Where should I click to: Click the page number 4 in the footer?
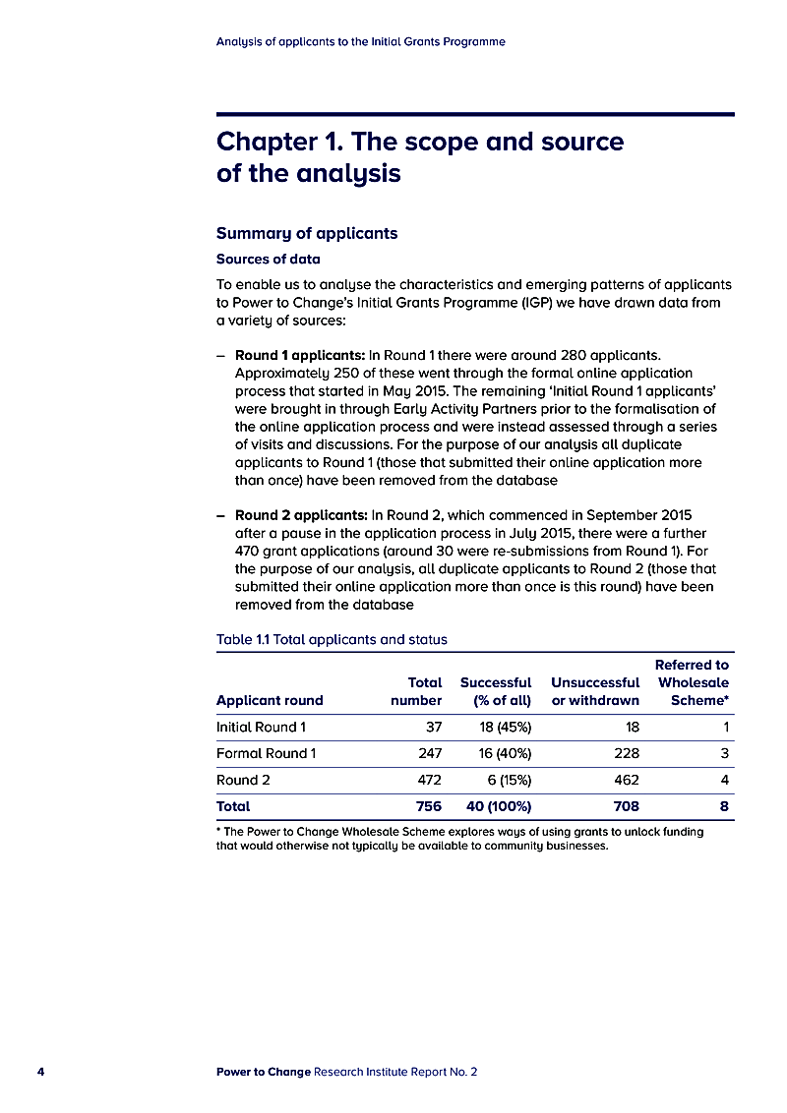click(40, 1072)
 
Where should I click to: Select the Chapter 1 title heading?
click(419, 157)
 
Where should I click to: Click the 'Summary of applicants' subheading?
click(306, 234)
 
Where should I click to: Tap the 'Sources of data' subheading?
click(268, 260)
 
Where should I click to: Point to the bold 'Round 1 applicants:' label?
click(300, 354)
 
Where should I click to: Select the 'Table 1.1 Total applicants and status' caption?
click(332, 640)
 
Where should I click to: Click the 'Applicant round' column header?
click(270, 701)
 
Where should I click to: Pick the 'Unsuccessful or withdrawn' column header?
click(595, 691)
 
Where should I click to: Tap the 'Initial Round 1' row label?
click(261, 728)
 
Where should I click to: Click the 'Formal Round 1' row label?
click(266, 754)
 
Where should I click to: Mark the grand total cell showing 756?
click(428, 806)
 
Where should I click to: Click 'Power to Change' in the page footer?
click(263, 1072)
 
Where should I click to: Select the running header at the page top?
click(360, 42)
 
